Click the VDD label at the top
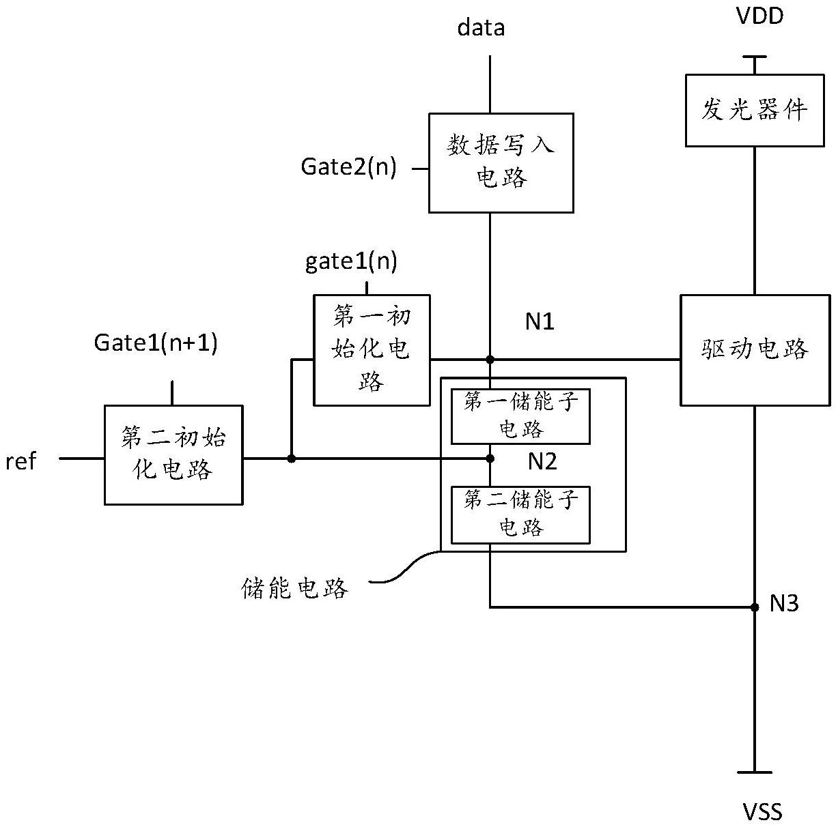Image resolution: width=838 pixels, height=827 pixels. point(759,16)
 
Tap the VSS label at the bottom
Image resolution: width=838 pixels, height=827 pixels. point(762,811)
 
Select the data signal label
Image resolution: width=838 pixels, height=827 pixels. point(481,27)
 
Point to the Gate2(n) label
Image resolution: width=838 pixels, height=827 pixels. point(348,167)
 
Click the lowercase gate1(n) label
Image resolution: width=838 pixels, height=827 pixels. point(351,261)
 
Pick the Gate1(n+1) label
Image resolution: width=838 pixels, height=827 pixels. point(156,343)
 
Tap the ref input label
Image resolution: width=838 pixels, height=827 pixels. point(20,462)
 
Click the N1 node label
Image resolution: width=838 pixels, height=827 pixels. point(540,321)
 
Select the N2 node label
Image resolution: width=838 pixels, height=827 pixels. point(542,462)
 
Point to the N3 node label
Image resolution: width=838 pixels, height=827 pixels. point(784,603)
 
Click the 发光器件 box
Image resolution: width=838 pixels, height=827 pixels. point(754,110)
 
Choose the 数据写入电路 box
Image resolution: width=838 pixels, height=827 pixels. point(501,162)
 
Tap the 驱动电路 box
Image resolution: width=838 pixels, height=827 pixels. point(755,349)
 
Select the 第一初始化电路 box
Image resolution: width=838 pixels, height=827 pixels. point(372,350)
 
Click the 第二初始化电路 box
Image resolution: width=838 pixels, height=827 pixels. point(173,454)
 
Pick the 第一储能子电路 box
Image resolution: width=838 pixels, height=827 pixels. point(520,416)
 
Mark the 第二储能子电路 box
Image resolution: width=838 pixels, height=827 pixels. point(520,514)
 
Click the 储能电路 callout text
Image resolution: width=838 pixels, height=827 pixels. point(295,588)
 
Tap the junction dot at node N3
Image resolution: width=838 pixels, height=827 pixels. point(755,607)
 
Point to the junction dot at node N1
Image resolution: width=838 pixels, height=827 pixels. point(490,360)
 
